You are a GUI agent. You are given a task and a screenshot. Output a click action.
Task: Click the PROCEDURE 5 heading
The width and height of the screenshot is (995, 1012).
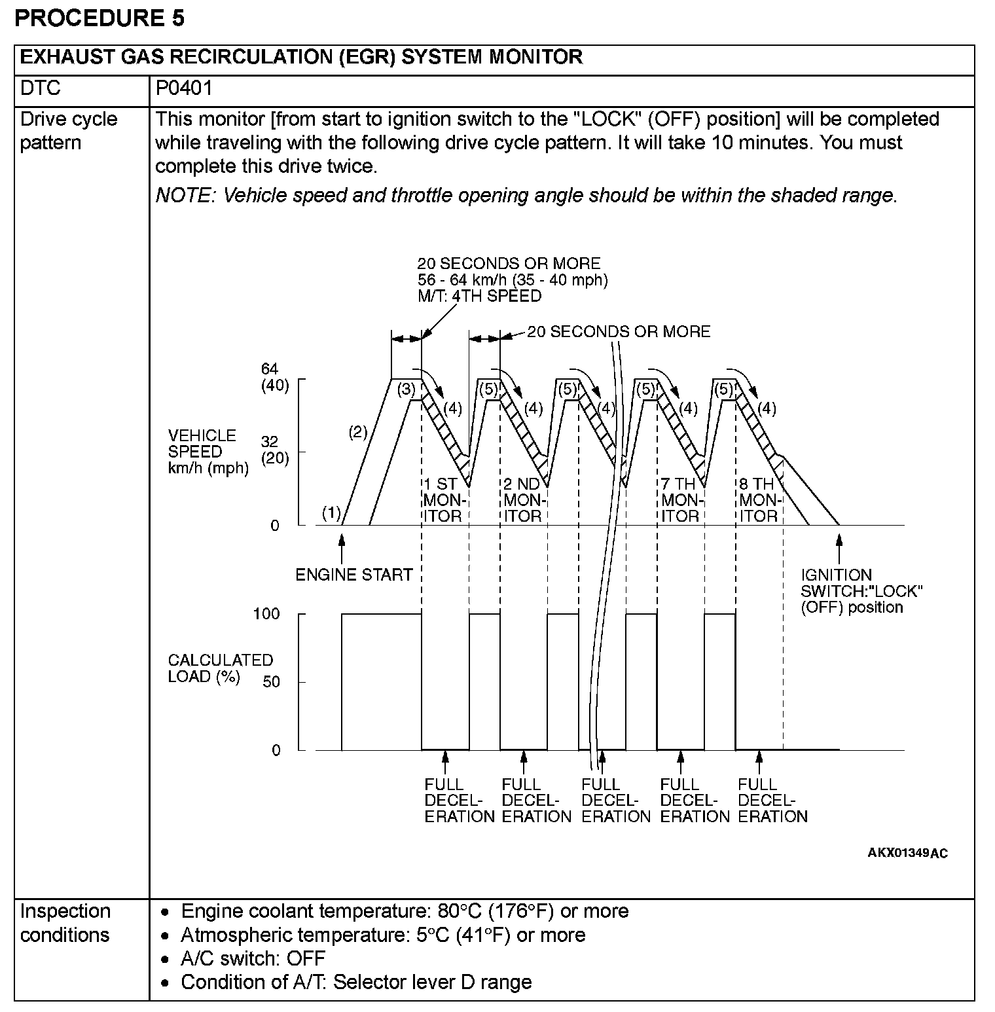99,18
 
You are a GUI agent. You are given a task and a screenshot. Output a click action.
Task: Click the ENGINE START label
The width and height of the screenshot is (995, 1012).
353,575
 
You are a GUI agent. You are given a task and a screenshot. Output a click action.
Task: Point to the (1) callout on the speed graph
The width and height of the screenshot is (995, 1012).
331,514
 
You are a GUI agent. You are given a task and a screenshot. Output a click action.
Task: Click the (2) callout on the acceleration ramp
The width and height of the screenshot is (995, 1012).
358,432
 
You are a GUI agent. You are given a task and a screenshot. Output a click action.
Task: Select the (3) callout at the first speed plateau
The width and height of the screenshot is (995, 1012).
407,389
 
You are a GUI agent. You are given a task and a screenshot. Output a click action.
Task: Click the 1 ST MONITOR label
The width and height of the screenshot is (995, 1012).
443,500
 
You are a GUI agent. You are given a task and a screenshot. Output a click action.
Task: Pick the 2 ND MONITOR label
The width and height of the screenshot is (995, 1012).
522,500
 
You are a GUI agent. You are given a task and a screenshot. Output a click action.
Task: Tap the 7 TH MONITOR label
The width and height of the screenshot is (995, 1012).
680,500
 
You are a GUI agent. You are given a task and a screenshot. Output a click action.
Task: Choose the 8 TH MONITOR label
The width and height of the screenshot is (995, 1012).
758,500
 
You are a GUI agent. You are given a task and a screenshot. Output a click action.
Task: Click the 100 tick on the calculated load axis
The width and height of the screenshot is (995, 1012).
266,614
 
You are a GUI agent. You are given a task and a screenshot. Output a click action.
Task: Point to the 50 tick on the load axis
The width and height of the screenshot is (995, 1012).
271,682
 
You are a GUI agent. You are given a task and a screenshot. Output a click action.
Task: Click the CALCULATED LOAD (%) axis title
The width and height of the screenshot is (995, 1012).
220,668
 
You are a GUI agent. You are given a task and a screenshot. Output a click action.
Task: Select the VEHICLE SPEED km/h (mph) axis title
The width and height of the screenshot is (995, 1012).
208,452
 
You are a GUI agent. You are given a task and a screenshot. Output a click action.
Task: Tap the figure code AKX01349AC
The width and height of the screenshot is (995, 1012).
907,853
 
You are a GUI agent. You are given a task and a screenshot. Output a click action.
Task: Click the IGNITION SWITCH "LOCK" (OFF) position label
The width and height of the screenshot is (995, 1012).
861,591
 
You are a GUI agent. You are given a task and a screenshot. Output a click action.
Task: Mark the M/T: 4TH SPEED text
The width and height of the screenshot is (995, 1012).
480,297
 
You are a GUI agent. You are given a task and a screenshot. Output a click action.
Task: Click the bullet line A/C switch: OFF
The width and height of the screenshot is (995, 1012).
253,958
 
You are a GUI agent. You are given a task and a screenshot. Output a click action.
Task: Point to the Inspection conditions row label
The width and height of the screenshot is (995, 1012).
65,923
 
